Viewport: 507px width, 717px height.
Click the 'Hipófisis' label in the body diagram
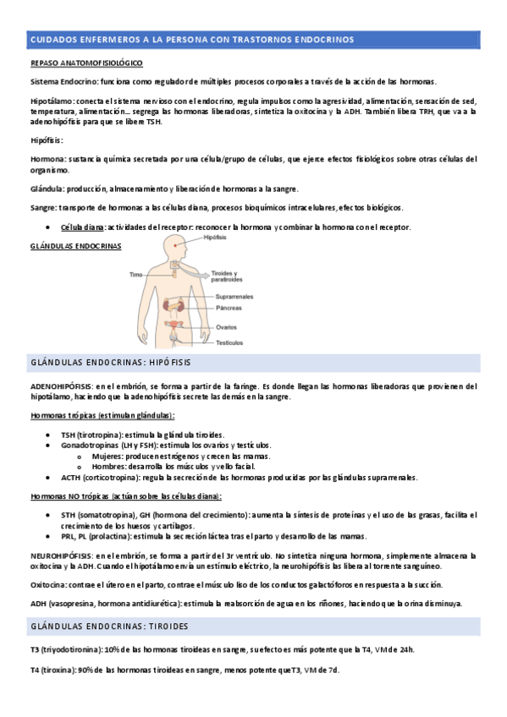(216, 238)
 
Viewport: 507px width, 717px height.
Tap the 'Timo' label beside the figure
(135, 275)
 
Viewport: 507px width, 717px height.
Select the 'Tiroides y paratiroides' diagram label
(227, 276)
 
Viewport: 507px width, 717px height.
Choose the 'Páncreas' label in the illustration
(229, 309)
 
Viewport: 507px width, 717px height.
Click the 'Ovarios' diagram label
(227, 327)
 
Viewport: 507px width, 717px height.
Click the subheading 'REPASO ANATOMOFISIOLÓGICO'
(86, 63)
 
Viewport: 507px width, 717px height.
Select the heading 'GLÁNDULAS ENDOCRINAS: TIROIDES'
(110, 626)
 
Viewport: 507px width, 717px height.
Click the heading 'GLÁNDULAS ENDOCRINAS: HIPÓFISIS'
(110, 363)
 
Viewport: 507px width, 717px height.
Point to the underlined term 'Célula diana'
(83, 227)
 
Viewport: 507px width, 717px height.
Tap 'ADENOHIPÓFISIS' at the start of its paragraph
(62, 386)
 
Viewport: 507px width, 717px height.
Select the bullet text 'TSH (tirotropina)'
(91, 434)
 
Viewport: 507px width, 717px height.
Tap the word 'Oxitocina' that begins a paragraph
(49, 585)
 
